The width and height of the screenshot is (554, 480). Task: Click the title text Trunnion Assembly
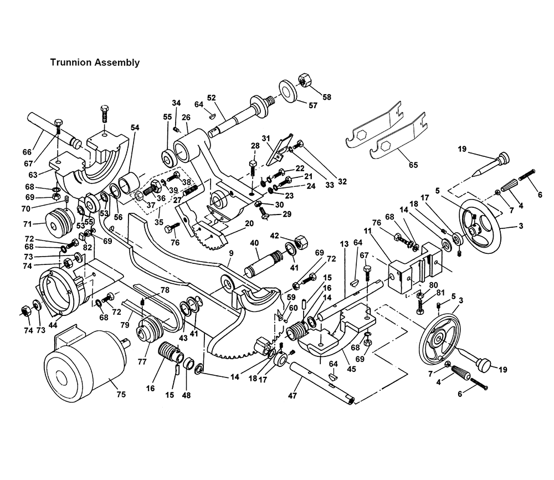tap(95, 63)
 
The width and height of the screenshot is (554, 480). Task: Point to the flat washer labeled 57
tap(288, 90)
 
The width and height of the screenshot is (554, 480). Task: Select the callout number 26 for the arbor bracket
tap(186, 118)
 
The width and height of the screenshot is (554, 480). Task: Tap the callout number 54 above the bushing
tap(135, 128)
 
